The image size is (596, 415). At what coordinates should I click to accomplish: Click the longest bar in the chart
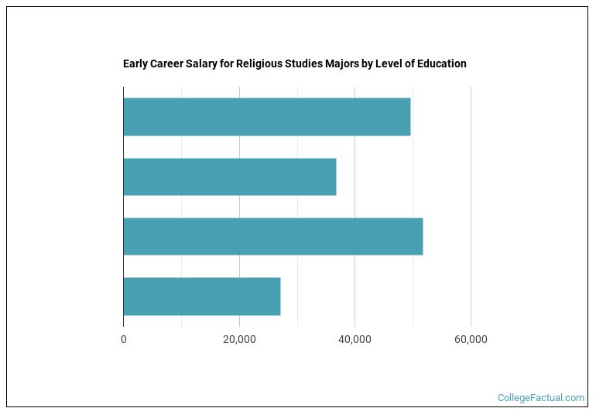tap(272, 236)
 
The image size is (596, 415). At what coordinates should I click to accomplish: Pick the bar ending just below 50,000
tap(266, 117)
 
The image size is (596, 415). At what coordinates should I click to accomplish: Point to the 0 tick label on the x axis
tap(123, 339)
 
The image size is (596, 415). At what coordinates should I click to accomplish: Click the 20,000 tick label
tap(239, 339)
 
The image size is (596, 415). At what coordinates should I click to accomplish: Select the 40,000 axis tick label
tap(355, 339)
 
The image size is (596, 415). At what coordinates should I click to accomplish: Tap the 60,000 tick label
tap(471, 339)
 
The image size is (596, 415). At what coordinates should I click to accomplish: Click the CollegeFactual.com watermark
tap(541, 398)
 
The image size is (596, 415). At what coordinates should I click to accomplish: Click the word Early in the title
tap(135, 63)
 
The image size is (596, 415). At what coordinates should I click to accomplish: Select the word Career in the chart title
tap(168, 63)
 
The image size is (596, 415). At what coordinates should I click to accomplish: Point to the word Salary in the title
tap(204, 63)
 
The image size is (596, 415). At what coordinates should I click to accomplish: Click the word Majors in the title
tap(345, 63)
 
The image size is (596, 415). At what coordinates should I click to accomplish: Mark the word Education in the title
tap(443, 63)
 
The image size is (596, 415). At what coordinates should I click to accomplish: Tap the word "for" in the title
tap(228, 63)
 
